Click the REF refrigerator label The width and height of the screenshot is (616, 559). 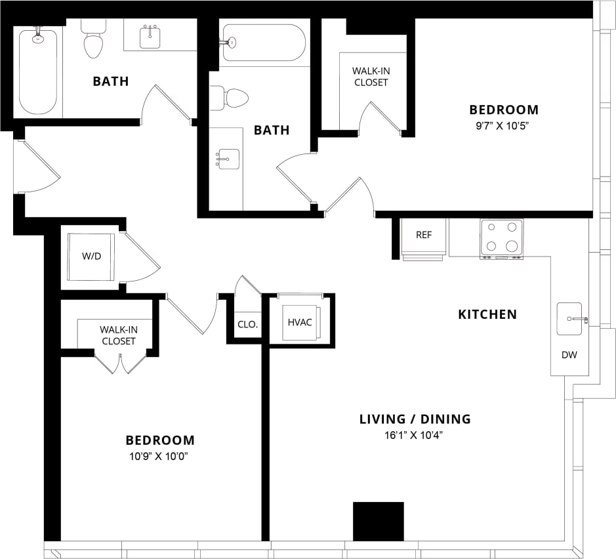[424, 235]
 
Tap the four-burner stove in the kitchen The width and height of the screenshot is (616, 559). [502, 237]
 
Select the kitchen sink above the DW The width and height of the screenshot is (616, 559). [569, 318]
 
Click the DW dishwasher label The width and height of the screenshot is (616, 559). [569, 355]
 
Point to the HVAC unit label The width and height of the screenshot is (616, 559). [300, 322]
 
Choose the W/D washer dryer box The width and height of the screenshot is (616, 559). [92, 256]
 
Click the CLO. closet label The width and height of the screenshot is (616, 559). [247, 324]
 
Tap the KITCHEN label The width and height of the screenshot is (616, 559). [487, 314]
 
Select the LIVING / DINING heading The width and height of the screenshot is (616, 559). [415, 419]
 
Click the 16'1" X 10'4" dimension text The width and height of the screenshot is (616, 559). [415, 435]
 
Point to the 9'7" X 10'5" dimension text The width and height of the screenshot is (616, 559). [503, 126]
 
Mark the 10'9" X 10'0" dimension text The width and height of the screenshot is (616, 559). [160, 457]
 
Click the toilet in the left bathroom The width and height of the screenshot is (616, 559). [93, 39]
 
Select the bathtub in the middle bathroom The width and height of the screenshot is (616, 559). [264, 43]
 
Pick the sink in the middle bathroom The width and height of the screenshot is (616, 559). [227, 159]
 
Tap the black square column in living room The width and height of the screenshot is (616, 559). [378, 522]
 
